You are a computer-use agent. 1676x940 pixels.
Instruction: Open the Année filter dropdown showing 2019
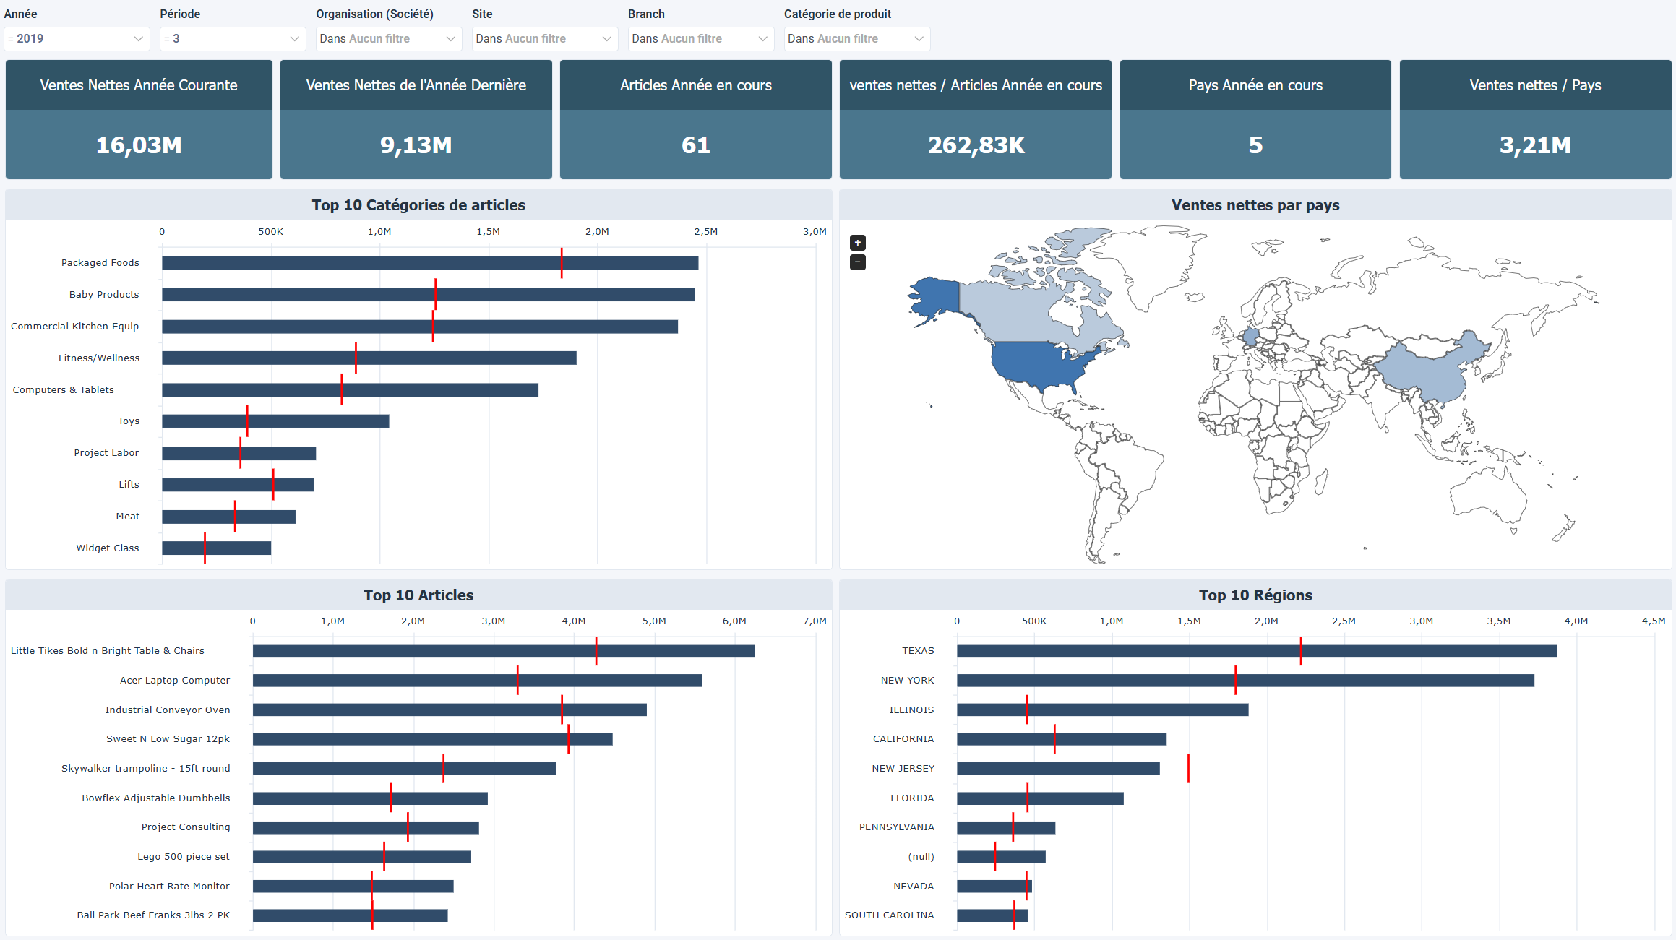[76, 38]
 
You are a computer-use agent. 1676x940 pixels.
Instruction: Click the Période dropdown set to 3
[232, 38]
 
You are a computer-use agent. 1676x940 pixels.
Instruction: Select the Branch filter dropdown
[700, 38]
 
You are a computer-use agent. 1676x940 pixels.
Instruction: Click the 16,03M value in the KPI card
[139, 145]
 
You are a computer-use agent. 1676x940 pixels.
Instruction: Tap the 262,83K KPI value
[976, 145]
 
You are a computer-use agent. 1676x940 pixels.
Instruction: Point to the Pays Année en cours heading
[1255, 85]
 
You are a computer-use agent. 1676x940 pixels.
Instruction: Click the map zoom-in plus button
[857, 243]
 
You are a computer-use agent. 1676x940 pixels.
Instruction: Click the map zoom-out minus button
[857, 262]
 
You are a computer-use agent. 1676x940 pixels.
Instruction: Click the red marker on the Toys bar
[247, 421]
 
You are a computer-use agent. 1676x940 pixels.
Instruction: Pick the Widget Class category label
[107, 548]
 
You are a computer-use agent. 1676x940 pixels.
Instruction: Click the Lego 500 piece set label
[184, 856]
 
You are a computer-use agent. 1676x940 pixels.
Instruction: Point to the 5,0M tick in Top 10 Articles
[654, 621]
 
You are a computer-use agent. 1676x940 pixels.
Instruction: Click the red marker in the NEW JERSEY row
[1188, 768]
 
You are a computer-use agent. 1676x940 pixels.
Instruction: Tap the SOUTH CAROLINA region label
[889, 915]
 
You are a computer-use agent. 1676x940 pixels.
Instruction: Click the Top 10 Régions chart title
[1255, 595]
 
